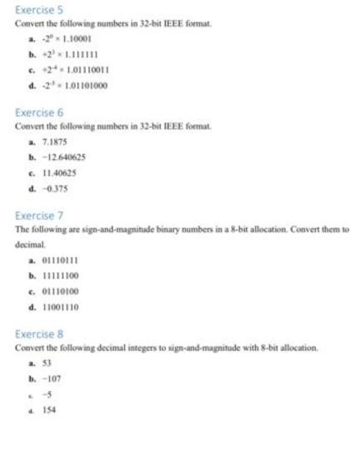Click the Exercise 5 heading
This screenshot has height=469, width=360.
32,10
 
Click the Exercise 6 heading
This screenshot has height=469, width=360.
32,112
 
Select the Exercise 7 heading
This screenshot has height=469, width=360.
32,214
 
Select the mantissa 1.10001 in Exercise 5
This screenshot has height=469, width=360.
84,40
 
